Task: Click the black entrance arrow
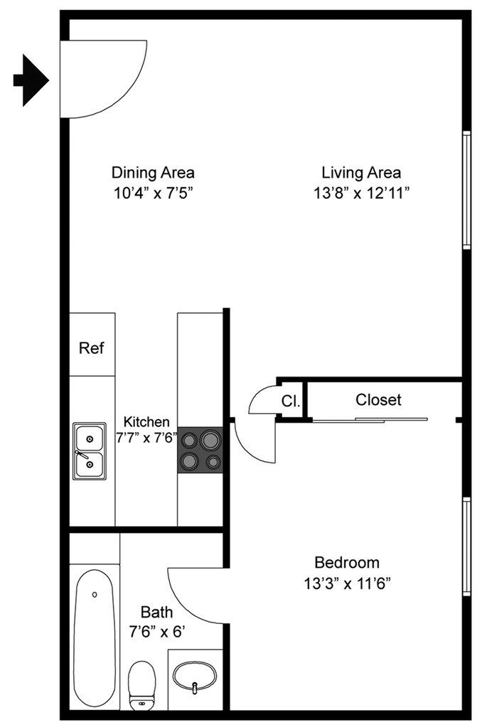coord(31,80)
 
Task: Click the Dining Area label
coord(153,172)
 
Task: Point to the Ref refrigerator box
coord(92,348)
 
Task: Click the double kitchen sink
coord(90,450)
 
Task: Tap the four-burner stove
coord(200,451)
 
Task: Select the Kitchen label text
coord(146,421)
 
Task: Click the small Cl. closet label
coord(290,401)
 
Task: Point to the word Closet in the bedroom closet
coord(378,400)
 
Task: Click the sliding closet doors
coord(370,420)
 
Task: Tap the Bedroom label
coord(347,563)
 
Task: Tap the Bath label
coord(156,611)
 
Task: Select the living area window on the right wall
coord(466,190)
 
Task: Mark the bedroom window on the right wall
coord(466,546)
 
